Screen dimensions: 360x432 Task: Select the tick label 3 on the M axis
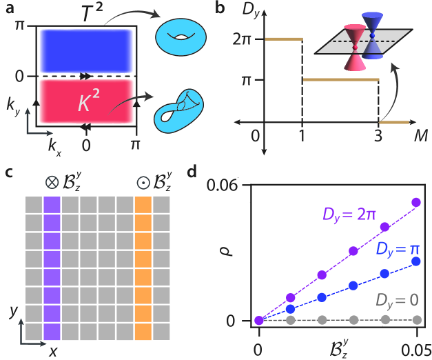coord(378,137)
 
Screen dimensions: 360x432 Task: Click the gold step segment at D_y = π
coord(340,80)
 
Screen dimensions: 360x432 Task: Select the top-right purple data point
coord(415,202)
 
